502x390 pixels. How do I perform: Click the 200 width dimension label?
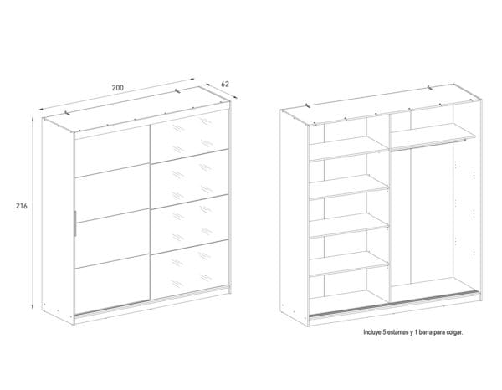click(x=117, y=88)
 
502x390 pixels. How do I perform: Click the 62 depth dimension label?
click(x=225, y=85)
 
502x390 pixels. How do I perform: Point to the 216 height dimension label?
click(x=22, y=206)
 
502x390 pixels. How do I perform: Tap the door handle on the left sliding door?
click(x=75, y=223)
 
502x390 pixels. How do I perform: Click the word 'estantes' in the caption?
click(x=397, y=332)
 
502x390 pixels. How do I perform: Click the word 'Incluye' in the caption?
click(x=372, y=332)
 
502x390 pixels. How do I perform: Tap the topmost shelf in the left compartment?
click(x=349, y=148)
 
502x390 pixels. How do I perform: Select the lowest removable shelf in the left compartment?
click(x=349, y=264)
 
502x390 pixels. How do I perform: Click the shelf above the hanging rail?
click(x=433, y=136)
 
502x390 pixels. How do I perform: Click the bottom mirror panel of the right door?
click(x=190, y=269)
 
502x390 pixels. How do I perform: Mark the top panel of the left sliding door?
click(x=112, y=151)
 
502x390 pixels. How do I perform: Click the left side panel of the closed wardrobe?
click(x=58, y=221)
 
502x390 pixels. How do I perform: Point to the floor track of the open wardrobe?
click(x=394, y=304)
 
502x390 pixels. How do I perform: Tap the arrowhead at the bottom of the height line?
click(x=33, y=308)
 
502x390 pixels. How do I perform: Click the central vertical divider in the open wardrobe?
click(x=389, y=208)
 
